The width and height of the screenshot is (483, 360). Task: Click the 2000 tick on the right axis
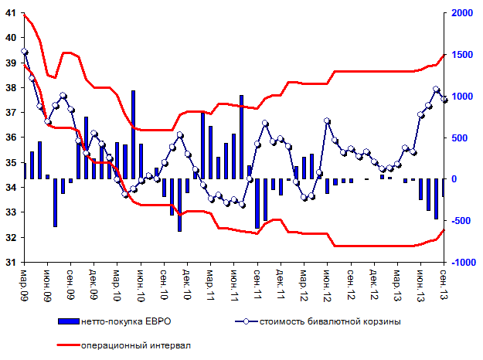pos(459,13)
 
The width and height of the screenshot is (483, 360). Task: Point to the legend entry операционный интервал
pos(136,345)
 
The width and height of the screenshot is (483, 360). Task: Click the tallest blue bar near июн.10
pos(133,134)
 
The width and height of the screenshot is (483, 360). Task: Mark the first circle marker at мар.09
pos(25,52)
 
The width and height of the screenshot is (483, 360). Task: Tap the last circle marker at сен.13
pos(444,99)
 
